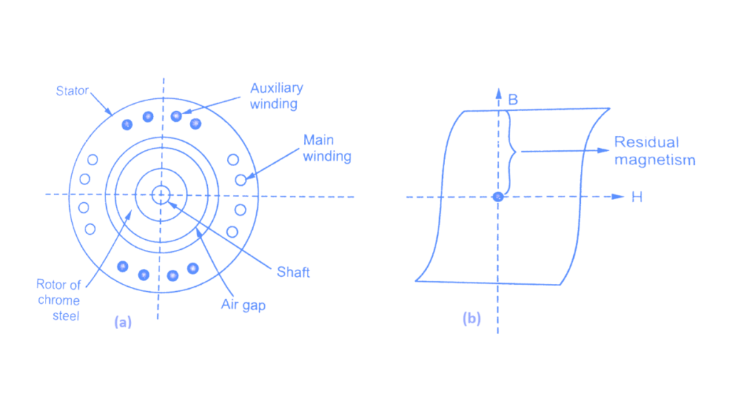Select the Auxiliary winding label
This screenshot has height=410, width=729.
276,95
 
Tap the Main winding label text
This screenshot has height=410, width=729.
327,147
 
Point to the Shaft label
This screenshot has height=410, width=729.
293,272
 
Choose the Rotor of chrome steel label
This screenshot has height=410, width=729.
58,300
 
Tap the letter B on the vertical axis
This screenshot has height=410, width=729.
513,100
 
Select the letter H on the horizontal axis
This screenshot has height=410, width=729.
636,197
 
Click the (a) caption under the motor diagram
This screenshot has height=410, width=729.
122,322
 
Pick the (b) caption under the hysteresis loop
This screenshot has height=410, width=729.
471,319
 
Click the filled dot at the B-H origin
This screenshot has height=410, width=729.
498,196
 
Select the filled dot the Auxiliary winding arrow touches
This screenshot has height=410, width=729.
176,116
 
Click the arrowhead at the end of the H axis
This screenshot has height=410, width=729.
619,196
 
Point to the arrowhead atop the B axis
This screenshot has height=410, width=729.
498,93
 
